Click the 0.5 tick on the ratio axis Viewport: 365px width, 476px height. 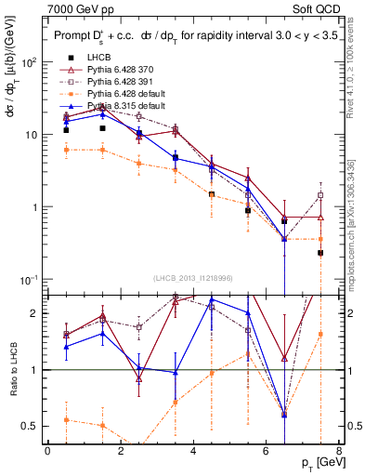coord(28,427)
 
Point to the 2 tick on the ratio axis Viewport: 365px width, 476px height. coord(32,313)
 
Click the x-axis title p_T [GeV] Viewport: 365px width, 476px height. coord(316,464)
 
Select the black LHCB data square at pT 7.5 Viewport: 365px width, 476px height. coord(320,253)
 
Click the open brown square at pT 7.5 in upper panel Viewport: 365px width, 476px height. coord(320,196)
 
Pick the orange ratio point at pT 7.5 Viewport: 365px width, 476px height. coord(320,335)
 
